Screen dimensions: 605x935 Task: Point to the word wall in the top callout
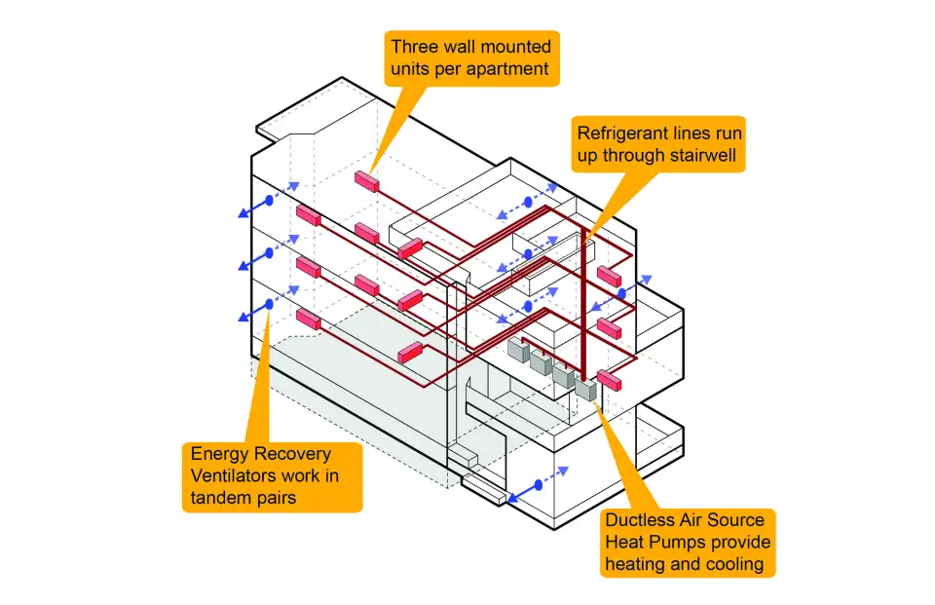[x=464, y=46]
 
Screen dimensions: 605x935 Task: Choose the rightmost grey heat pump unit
[x=585, y=387]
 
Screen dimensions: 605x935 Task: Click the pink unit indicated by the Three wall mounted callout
[x=366, y=181]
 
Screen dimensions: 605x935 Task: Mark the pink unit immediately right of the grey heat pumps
[x=611, y=381]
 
